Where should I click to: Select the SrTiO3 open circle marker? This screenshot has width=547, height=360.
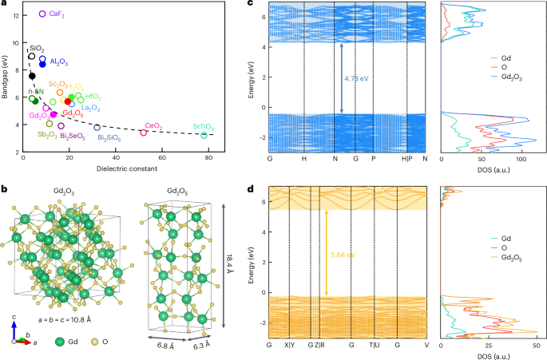204,135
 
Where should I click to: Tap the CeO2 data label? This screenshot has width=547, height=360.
153,126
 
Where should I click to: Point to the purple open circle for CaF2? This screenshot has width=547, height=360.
42,14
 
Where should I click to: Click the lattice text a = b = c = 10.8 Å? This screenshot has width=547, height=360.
65,320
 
